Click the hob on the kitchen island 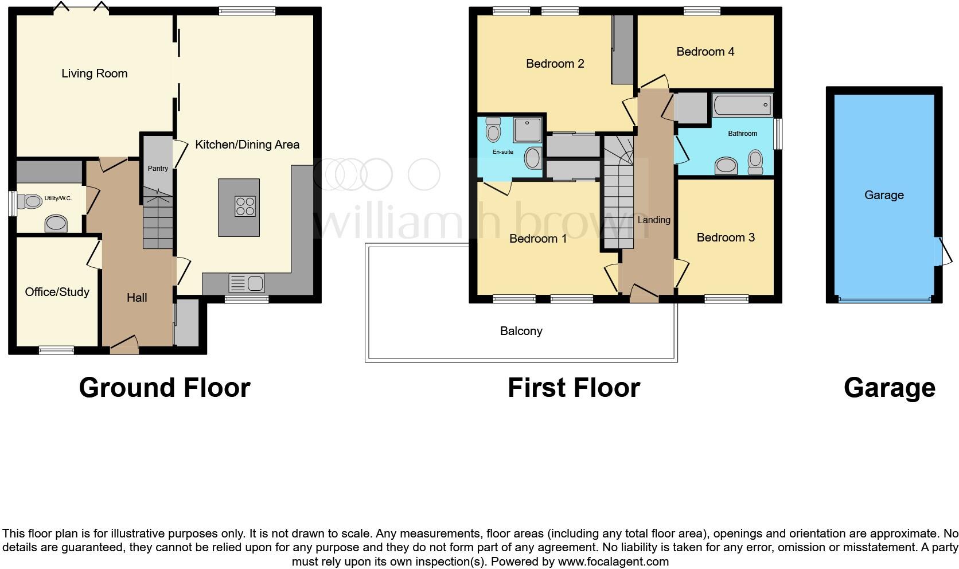click(245, 206)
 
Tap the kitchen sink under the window click(247, 283)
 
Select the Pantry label click(158, 169)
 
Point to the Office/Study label click(57, 292)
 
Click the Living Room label click(94, 73)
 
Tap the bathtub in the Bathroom click(742, 106)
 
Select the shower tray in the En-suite click(527, 130)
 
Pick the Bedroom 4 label click(705, 52)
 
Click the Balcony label click(521, 331)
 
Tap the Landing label click(653, 220)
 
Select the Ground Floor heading click(164, 388)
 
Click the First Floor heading click(573, 388)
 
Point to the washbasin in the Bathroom click(726, 166)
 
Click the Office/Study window click(56, 349)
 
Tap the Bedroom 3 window click(726, 299)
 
